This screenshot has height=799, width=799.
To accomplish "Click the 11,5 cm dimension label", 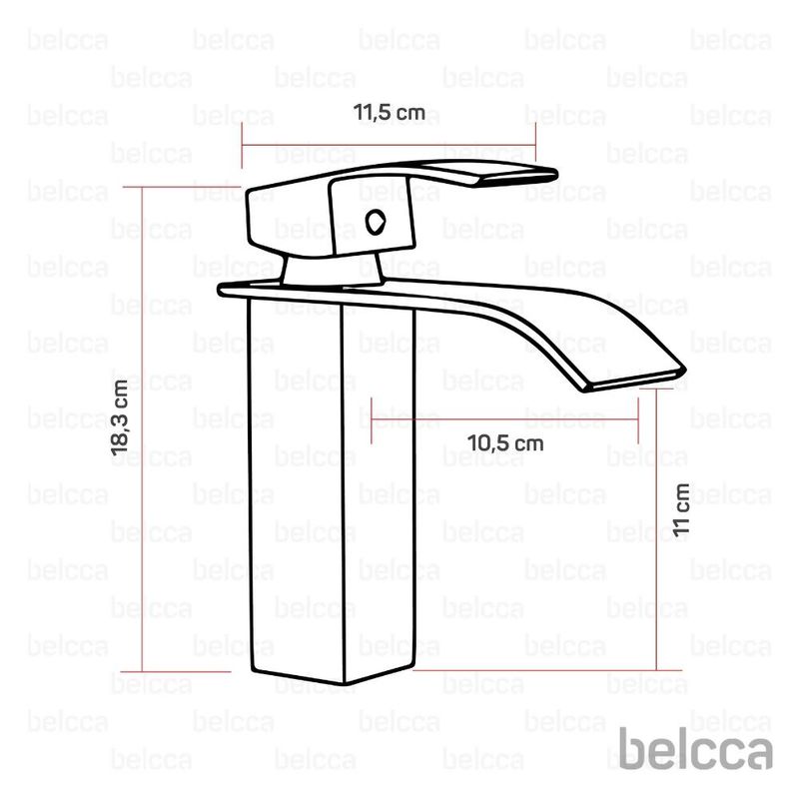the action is coord(390,113).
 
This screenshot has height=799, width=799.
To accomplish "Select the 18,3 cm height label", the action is coord(120,417).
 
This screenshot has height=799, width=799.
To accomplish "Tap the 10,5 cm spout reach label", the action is coord(505,443).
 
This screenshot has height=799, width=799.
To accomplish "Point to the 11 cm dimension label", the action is coord(681,510).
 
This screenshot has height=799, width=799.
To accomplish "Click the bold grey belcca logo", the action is coord(695,748).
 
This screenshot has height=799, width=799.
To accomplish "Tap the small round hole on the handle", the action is coord(376,222).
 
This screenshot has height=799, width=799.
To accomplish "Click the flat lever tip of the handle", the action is coord(514,173).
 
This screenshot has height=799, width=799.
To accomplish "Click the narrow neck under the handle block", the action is coord(333,270).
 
